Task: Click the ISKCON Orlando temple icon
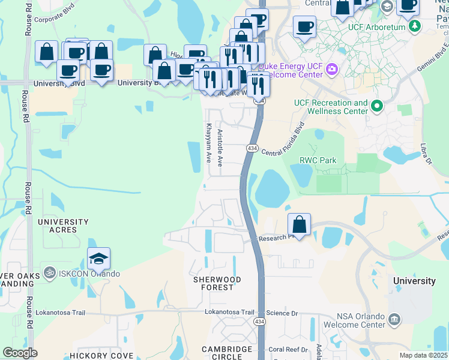(49, 274)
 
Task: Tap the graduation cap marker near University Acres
(99, 259)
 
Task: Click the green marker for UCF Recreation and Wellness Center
(377, 107)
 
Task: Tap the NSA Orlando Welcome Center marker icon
(394, 319)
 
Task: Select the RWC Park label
(318, 160)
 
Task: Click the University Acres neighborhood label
(63, 226)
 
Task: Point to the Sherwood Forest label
(217, 283)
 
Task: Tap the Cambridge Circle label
(227, 352)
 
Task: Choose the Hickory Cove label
(101, 355)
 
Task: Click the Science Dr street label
(282, 313)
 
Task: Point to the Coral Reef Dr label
(288, 349)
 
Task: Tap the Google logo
(20, 353)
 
